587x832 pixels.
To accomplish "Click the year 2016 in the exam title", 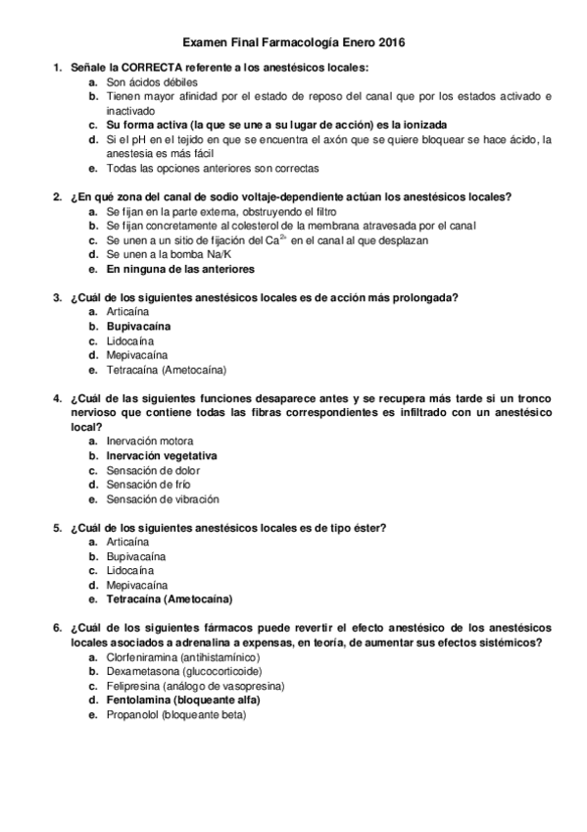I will point(389,43).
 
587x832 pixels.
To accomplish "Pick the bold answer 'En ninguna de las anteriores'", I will point(180,269).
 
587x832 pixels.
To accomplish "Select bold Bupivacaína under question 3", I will point(138,325).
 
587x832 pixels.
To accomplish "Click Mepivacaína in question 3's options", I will point(137,354).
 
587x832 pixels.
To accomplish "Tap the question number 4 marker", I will point(56,399).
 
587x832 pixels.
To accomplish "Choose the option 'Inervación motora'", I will point(150,442).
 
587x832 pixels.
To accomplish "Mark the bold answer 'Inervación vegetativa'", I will point(162,456).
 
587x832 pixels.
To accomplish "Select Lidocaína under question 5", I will point(129,570).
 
